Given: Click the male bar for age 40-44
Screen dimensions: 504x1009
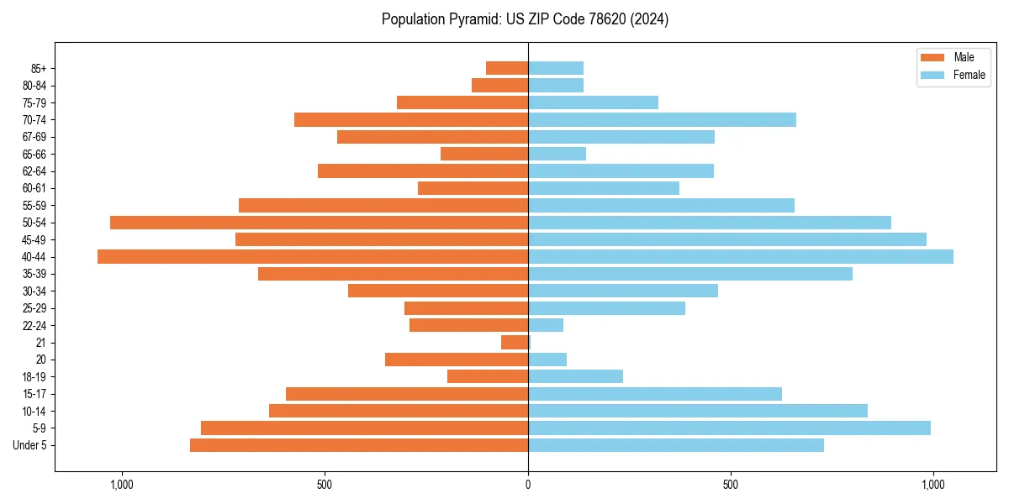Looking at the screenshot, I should click(313, 256).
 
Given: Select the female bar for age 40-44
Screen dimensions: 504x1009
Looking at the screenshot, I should click(741, 256).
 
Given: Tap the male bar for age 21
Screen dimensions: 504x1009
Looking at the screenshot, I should click(515, 343).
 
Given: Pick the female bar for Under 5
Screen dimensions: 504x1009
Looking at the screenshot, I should click(676, 445).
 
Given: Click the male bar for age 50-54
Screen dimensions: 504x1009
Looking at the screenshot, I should click(319, 223).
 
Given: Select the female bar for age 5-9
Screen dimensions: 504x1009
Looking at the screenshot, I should click(729, 428).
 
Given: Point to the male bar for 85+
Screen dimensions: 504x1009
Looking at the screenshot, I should click(507, 68).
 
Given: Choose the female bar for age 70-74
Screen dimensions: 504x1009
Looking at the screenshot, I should click(662, 119).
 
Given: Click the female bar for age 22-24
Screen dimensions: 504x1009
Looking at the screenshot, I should click(546, 325).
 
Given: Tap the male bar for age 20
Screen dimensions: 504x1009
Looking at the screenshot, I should click(457, 360).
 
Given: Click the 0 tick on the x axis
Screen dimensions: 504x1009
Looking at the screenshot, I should click(528, 485).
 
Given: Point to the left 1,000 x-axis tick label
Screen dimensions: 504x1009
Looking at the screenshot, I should click(122, 485).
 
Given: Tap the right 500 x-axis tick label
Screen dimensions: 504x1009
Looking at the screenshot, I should click(731, 485).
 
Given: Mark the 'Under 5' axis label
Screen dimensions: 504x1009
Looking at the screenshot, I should click(30, 445).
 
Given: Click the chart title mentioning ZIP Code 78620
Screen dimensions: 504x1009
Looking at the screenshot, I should click(526, 19).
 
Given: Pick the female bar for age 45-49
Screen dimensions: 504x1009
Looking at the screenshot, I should click(727, 239).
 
